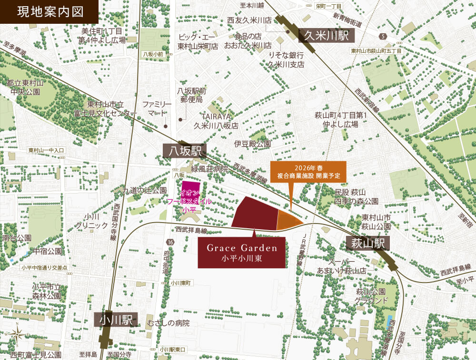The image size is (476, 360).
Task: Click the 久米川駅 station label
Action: coord(327,35)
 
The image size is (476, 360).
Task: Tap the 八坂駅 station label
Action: coord(184,151)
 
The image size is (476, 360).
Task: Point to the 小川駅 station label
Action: coord(116,320)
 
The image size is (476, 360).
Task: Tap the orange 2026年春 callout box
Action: coord(308,172)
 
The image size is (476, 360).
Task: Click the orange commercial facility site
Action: coord(288,220)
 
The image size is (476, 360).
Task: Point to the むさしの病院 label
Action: coord(169,323)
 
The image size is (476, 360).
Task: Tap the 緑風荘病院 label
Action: coord(210,169)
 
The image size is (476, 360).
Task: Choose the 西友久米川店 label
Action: coord(249,20)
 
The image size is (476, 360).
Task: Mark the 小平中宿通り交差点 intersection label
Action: coord(47,267)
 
